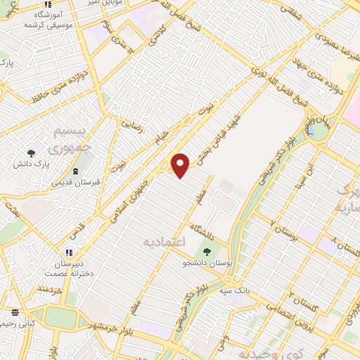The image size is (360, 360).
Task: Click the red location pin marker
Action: point(181,165)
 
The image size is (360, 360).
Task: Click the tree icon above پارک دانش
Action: point(31,153)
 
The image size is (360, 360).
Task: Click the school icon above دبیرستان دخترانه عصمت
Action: point(69,252)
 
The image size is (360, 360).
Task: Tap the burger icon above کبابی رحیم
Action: point(15,311)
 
